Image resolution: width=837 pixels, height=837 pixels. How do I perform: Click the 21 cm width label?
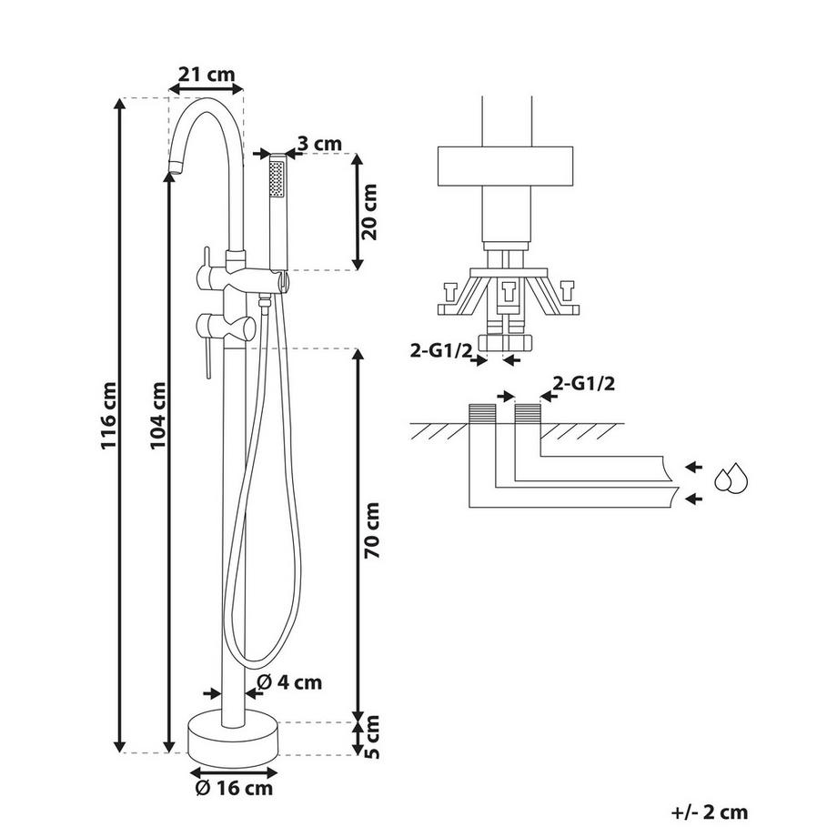(x=206, y=75)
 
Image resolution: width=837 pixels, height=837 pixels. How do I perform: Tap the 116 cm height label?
(x=109, y=416)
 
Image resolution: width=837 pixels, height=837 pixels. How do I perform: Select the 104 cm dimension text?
(x=158, y=415)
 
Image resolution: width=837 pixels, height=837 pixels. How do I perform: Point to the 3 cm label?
(x=319, y=144)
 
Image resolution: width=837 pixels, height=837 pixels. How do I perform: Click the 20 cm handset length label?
(x=368, y=211)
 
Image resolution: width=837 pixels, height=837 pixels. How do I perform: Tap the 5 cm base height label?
(x=372, y=737)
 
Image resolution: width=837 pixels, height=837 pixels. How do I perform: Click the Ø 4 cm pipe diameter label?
(x=289, y=682)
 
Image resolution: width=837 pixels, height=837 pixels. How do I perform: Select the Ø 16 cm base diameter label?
(x=234, y=788)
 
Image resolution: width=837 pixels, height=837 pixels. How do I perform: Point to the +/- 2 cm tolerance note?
(x=709, y=812)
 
